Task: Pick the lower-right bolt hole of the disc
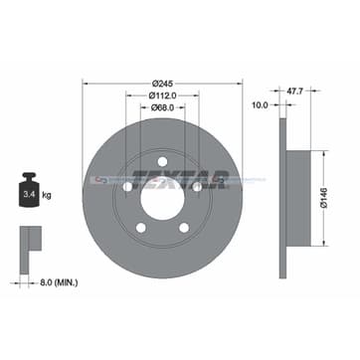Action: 184,227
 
